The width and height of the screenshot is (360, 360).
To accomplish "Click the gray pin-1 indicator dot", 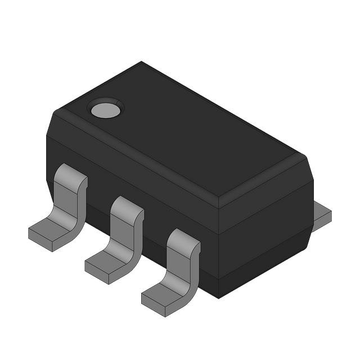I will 106,110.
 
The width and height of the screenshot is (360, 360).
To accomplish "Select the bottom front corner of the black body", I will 218,298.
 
